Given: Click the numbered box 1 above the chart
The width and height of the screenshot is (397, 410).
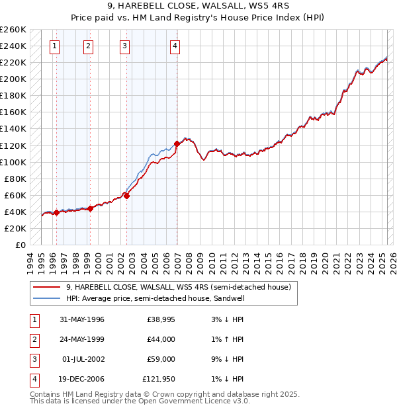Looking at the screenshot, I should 54,46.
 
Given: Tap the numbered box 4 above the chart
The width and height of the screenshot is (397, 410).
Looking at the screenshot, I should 175,46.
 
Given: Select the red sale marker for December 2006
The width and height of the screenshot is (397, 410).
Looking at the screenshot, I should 177,143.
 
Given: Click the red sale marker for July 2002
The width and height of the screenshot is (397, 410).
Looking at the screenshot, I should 126,195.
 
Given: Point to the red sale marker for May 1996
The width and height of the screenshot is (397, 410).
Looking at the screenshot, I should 56,212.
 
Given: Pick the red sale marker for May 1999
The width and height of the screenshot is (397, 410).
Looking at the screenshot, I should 90,208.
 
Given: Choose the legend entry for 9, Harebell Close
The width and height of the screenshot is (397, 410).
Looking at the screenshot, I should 178,287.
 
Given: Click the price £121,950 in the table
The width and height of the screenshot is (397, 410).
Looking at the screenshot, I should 159,380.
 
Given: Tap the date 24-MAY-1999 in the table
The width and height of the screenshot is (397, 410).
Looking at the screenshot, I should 82,339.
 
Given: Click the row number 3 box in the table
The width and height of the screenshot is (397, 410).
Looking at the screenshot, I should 34,360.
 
